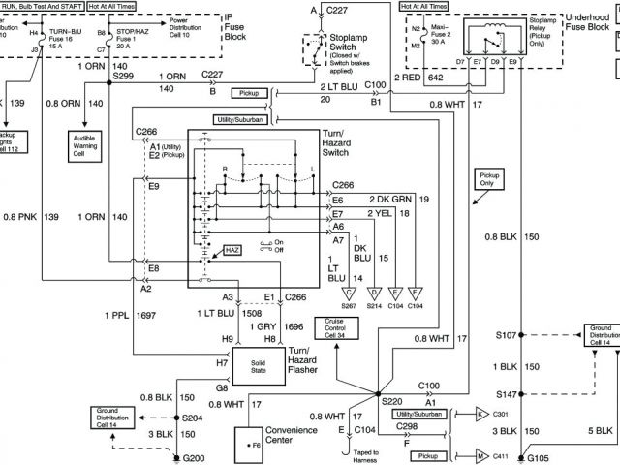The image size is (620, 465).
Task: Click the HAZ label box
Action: [x=232, y=249]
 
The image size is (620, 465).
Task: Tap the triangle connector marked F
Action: [x=415, y=292]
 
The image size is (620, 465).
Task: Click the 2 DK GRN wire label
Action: [x=388, y=199]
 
